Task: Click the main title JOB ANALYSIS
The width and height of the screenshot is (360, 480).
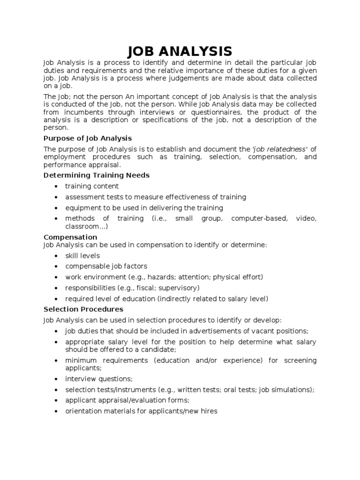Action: [x=180, y=51]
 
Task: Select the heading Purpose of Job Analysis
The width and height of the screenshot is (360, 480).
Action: [x=88, y=138]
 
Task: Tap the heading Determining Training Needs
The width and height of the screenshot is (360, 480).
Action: [x=97, y=175]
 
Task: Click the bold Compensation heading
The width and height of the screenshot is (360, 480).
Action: [x=70, y=237]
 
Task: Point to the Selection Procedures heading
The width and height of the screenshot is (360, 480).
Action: [x=83, y=309]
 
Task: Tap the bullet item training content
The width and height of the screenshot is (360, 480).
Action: [x=92, y=187]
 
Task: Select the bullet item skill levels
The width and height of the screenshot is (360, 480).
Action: [x=82, y=256]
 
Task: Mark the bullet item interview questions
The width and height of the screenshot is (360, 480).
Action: [x=99, y=379]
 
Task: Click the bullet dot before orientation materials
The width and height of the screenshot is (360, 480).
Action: [x=56, y=412]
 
